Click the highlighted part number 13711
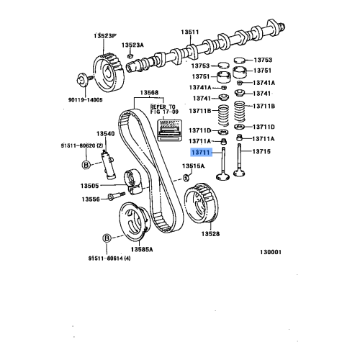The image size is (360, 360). pyautogui.click(x=199, y=153)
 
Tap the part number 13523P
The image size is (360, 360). pyautogui.click(x=104, y=35)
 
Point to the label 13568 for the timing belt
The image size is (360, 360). pyautogui.click(x=149, y=92)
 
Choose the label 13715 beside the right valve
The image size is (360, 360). pyautogui.click(x=261, y=153)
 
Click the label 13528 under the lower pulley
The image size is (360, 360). pyautogui.click(x=210, y=234)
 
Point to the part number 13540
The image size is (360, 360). pyautogui.click(x=106, y=134)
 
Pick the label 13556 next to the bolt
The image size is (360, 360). pyautogui.click(x=91, y=199)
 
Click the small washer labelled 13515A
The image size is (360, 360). pyautogui.click(x=186, y=177)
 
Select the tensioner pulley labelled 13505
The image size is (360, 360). pyautogui.click(x=131, y=177)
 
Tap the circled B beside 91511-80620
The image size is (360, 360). pyautogui.click(x=86, y=165)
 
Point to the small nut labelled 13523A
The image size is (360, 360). pyautogui.click(x=130, y=55)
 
